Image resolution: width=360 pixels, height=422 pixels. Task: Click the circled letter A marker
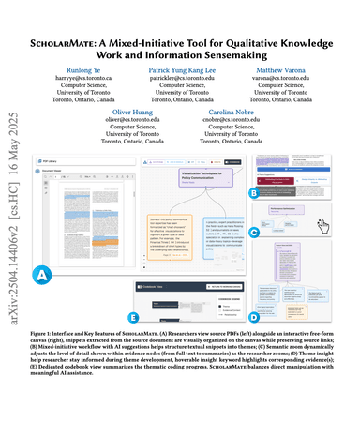[x=42, y=249]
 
